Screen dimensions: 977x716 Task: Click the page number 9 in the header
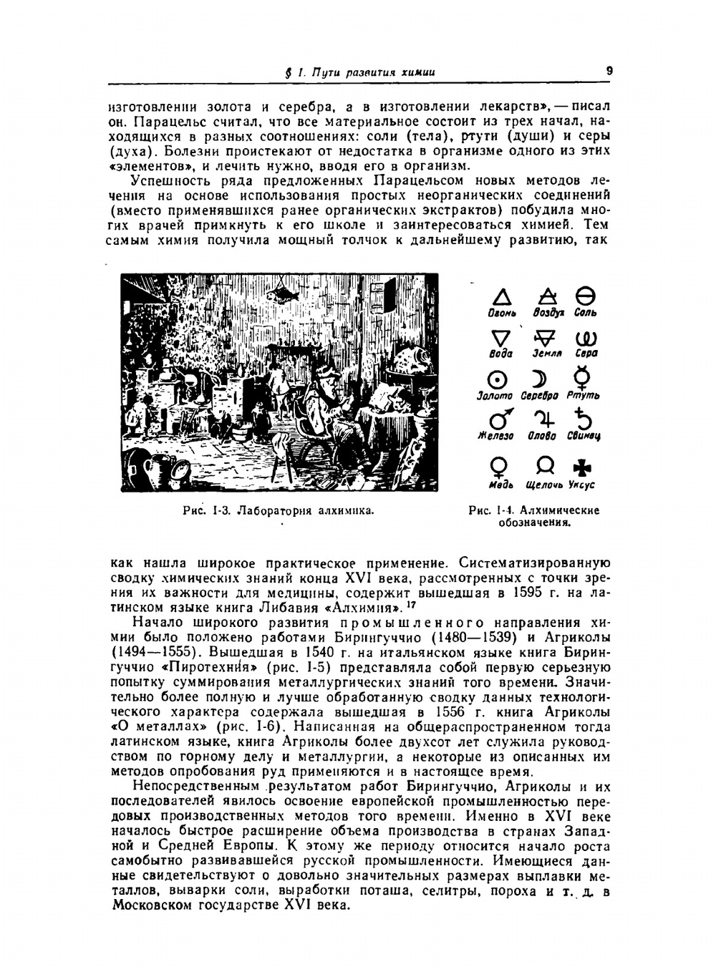click(x=609, y=70)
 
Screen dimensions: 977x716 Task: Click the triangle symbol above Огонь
click(x=503, y=297)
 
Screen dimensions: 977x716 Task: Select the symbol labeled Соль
click(x=585, y=296)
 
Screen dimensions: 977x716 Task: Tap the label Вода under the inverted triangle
click(x=500, y=354)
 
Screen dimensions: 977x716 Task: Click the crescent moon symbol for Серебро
click(x=538, y=379)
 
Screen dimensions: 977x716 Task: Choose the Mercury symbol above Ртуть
click(x=583, y=378)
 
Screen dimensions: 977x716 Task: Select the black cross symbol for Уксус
click(x=582, y=468)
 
